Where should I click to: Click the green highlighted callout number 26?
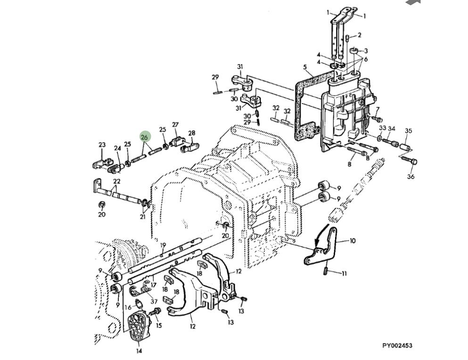(145, 137)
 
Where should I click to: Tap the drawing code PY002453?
(397, 345)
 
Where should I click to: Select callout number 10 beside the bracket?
(353, 241)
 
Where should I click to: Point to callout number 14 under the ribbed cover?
(139, 350)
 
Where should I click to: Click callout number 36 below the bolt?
(411, 177)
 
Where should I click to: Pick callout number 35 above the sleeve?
(409, 131)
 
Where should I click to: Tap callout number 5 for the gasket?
(305, 67)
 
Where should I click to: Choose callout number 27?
(175, 125)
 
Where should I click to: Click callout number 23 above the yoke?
(102, 145)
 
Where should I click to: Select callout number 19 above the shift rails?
(163, 245)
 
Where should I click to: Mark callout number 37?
(154, 302)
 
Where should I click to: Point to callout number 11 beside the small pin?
(344, 273)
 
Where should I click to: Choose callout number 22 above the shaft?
(116, 181)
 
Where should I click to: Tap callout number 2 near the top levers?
(359, 35)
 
